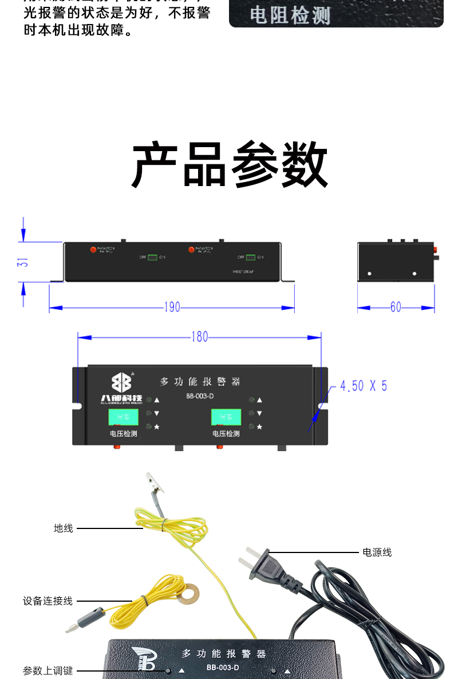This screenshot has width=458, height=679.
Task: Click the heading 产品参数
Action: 230,165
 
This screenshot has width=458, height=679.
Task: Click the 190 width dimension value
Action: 172,307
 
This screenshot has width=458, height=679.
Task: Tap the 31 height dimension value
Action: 23,262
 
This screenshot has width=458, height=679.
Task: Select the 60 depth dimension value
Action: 396,307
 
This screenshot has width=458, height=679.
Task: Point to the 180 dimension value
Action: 199,337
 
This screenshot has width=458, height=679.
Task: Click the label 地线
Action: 64,528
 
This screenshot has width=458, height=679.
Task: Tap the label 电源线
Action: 377,552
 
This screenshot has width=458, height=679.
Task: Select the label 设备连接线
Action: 48,601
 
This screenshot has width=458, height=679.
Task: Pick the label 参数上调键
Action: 48,670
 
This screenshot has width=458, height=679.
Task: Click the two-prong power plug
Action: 266,563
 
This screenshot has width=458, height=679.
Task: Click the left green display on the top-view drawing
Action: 123,417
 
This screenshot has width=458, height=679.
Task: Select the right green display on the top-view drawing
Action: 226,417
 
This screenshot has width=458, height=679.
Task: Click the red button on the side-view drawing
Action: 435,250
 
